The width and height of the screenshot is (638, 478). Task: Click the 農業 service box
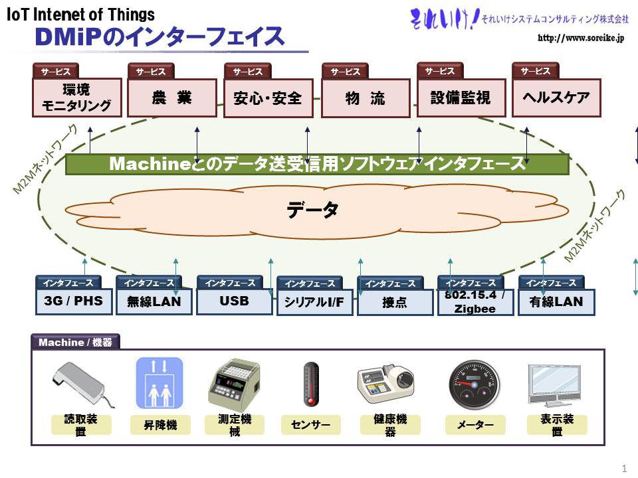click(171, 98)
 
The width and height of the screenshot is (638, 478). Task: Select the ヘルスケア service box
click(556, 98)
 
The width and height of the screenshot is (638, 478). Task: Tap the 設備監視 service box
click(461, 98)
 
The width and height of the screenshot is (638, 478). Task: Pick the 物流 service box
click(366, 98)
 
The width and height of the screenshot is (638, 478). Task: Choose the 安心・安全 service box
click(268, 98)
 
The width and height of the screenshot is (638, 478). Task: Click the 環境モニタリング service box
click(77, 98)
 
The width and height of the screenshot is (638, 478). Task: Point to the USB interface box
click(235, 301)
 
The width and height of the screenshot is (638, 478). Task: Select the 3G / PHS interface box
click(74, 301)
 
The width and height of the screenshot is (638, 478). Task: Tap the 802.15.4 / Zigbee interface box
click(475, 302)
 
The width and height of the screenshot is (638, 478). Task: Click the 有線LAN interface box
click(556, 302)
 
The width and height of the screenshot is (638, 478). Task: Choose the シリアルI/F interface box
click(314, 302)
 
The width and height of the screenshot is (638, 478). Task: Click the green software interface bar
click(317, 164)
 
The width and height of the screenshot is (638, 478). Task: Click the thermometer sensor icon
click(311, 384)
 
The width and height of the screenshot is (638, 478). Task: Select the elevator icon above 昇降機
click(159, 383)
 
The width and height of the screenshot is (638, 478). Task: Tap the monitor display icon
click(554, 385)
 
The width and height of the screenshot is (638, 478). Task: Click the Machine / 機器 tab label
click(75, 343)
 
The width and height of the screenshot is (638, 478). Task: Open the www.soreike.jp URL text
click(581, 39)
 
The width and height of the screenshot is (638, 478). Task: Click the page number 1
click(624, 468)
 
